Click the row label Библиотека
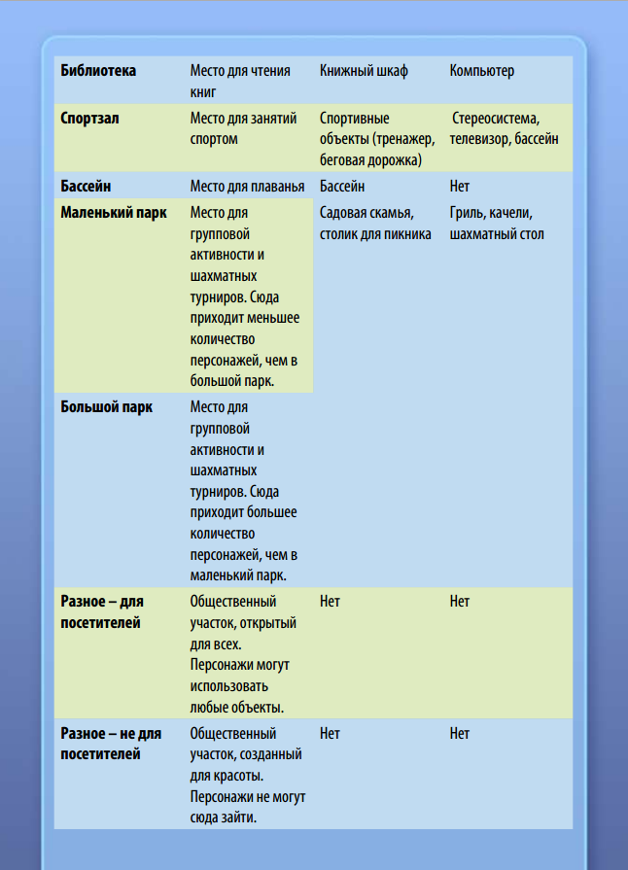click(x=98, y=71)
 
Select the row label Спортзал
click(x=91, y=118)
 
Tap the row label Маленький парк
click(x=114, y=212)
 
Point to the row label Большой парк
click(x=107, y=406)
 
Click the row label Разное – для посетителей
click(x=102, y=611)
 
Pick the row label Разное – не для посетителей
click(x=111, y=743)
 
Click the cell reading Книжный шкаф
click(x=364, y=71)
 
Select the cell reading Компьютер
click(x=482, y=71)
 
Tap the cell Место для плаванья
click(x=247, y=186)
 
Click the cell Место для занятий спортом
click(x=243, y=128)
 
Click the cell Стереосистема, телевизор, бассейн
click(x=504, y=128)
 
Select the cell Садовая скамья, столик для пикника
click(x=375, y=223)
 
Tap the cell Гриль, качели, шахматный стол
click(x=497, y=223)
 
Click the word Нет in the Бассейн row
click(x=460, y=186)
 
